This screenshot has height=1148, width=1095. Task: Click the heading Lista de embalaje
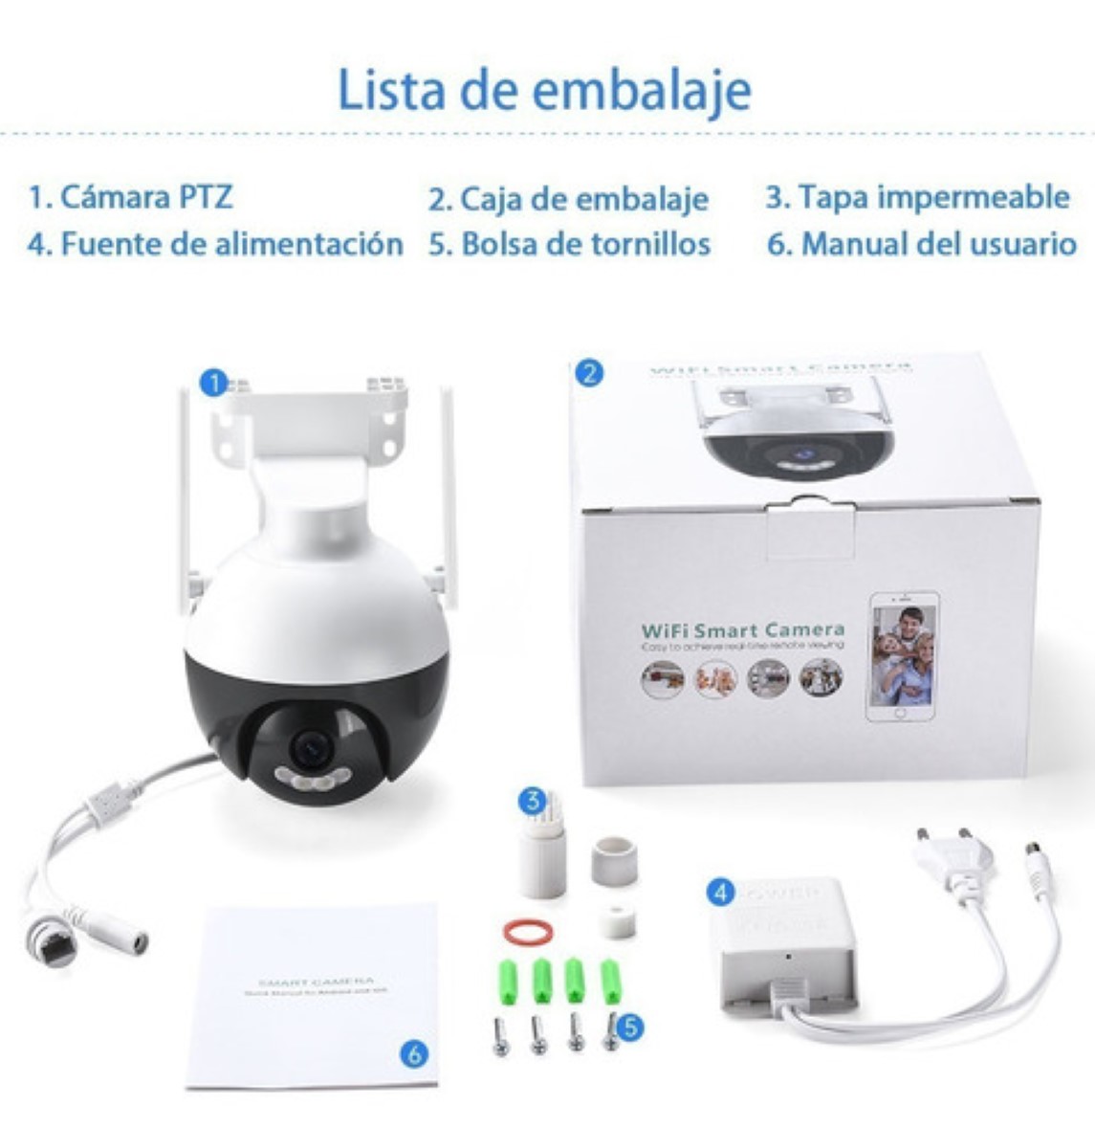point(544,89)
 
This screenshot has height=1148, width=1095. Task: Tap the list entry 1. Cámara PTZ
point(130,197)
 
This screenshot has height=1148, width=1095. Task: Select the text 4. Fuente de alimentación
point(215,244)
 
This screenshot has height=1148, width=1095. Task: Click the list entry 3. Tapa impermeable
point(917,196)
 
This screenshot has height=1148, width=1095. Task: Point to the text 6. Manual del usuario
point(922,244)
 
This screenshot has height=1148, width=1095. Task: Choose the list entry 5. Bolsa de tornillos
point(569,244)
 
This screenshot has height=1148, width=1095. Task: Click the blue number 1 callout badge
point(213,383)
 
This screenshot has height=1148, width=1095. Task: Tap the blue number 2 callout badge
point(589,372)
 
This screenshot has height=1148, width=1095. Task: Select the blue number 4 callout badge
point(720,894)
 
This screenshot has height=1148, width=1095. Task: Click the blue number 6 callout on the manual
point(413,1054)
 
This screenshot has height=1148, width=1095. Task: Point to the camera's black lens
point(311,747)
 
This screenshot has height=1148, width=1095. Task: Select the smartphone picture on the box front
point(902,656)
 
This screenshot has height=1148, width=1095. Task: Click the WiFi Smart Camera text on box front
point(742,629)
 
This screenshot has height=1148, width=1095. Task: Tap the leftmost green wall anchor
point(507,981)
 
